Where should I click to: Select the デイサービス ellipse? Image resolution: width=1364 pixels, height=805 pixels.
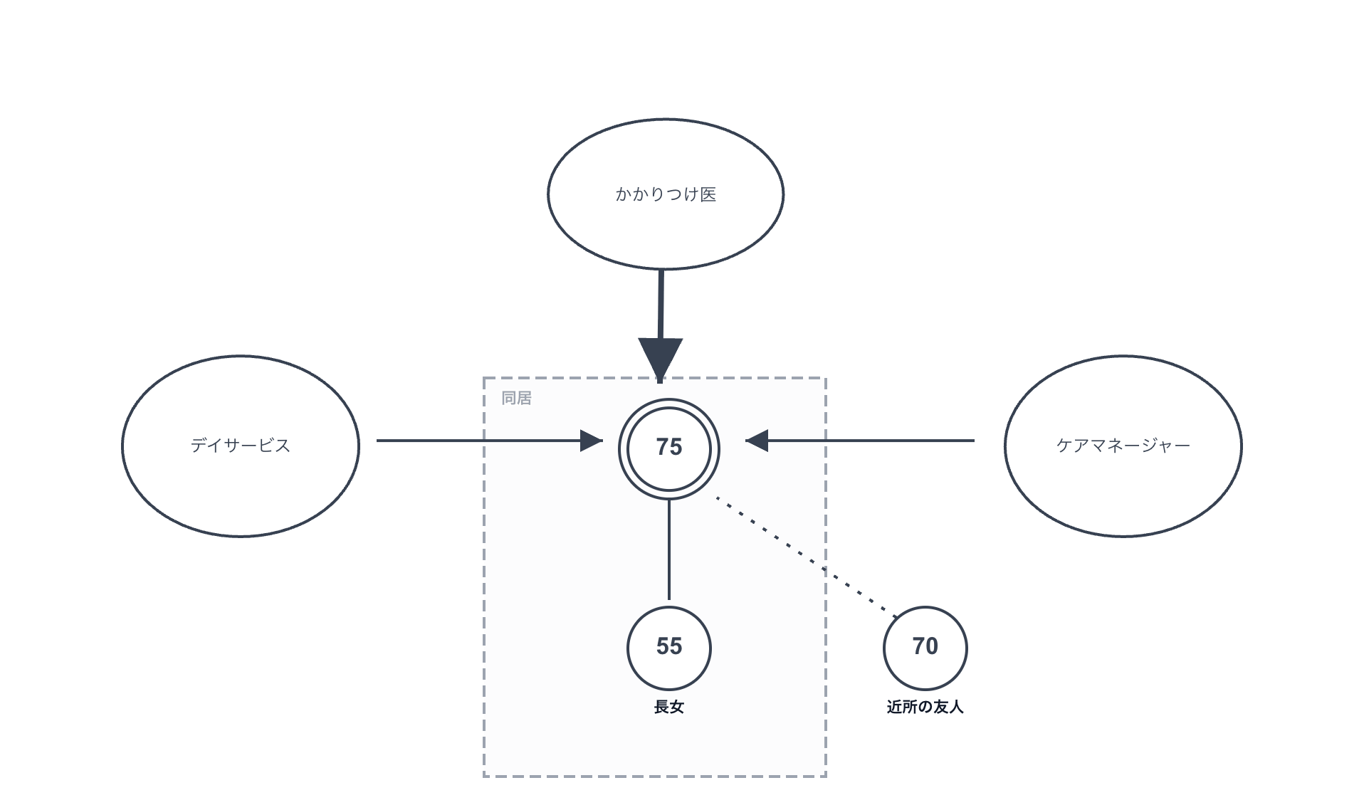coord(240,484)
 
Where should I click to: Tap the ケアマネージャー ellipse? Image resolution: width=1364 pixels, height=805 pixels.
coord(1123,484)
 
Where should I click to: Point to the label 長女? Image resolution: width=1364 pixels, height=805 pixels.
coord(668,707)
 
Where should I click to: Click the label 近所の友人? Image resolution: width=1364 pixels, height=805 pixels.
coord(925,707)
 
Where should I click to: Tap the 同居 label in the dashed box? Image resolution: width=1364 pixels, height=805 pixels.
coord(516,398)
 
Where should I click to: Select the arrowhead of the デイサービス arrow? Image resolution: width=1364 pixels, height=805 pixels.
coord(591,441)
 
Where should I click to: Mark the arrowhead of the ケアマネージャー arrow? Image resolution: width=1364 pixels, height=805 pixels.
coord(757,441)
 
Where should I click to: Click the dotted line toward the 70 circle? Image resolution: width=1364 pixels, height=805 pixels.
coord(804,555)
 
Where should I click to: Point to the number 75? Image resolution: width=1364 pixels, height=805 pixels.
coord(668,447)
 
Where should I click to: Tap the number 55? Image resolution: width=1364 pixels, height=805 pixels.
coord(668,646)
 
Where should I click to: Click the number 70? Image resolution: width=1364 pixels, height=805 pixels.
coord(925,646)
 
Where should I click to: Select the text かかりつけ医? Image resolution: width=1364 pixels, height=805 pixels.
coord(665,194)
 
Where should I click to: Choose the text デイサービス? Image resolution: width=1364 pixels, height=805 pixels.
coord(240,446)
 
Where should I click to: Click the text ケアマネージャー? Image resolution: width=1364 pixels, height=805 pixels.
coord(1123,446)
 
